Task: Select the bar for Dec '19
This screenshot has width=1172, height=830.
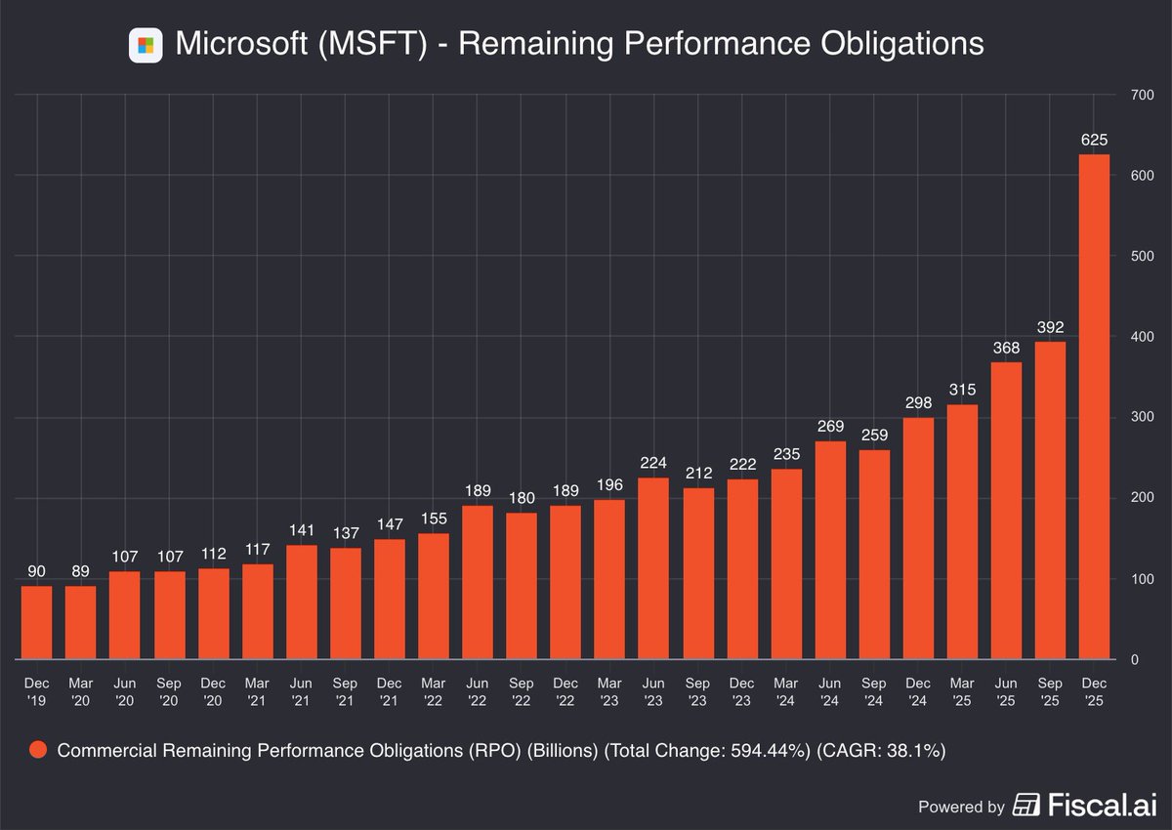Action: pyautogui.click(x=37, y=622)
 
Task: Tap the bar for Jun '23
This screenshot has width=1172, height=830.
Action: pyautogui.click(x=653, y=568)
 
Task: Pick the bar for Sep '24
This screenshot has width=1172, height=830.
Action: pyautogui.click(x=873, y=554)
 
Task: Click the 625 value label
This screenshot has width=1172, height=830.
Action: pyautogui.click(x=1094, y=141)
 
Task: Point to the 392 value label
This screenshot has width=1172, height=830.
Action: pyautogui.click(x=1050, y=328)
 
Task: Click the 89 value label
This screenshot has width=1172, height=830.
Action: pyautogui.click(x=81, y=572)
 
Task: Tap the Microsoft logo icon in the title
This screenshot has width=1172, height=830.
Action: pyautogui.click(x=146, y=45)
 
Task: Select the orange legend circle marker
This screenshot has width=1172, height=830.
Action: pyautogui.click(x=38, y=751)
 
